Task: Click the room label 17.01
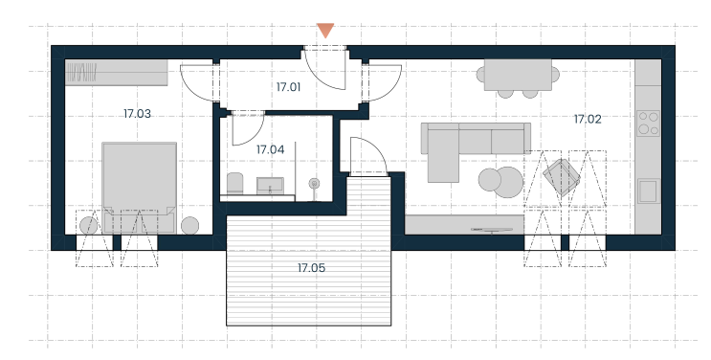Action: point(288,87)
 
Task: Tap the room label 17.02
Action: point(588,120)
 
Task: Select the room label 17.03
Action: point(137,114)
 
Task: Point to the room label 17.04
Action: point(270,149)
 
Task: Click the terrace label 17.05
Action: point(312,268)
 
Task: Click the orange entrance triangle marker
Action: point(325,30)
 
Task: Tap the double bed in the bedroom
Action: point(139,187)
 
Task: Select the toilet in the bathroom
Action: point(234,183)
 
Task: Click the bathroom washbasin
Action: point(270,185)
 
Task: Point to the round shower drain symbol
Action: point(314,184)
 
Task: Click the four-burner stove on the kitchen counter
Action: point(649,123)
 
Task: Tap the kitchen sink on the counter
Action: point(648,191)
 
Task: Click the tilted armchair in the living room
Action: point(562,176)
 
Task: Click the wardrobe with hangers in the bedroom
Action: point(117,73)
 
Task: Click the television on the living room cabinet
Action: point(492,230)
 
